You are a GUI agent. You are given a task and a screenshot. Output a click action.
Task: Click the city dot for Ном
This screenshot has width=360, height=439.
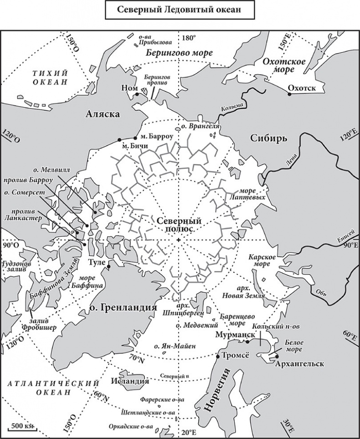tap(137, 94)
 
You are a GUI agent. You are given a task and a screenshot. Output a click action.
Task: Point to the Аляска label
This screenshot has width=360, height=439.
tap(103, 115)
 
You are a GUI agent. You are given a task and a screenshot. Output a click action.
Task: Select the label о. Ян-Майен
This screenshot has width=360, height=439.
tap(175, 347)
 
